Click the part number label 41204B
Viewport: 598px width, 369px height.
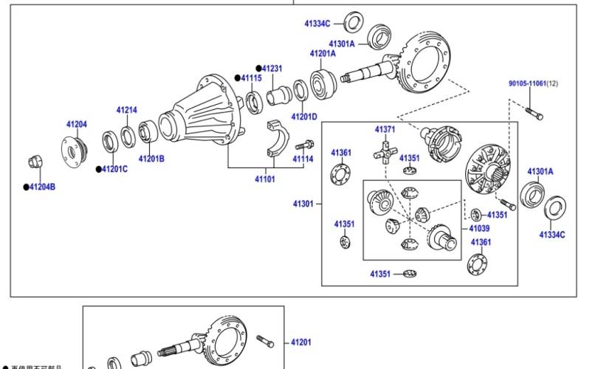pyautogui.click(x=42, y=187)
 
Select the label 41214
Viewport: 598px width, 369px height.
pyautogui.click(x=126, y=110)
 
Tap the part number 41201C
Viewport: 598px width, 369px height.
pyautogui.click(x=114, y=169)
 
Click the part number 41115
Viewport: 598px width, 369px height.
pyautogui.click(x=250, y=77)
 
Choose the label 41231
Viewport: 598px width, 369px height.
pyautogui.click(x=272, y=68)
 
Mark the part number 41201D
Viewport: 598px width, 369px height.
pyautogui.click(x=303, y=117)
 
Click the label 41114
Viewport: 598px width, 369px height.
pyautogui.click(x=303, y=159)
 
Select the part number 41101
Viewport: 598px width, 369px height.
pyautogui.click(x=265, y=179)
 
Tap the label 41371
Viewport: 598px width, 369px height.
pyautogui.click(x=385, y=129)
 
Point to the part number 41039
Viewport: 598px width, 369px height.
pyautogui.click(x=479, y=229)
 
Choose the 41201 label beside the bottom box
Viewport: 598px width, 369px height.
pyautogui.click(x=300, y=342)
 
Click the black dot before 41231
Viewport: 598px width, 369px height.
pyautogui.click(x=259, y=68)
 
